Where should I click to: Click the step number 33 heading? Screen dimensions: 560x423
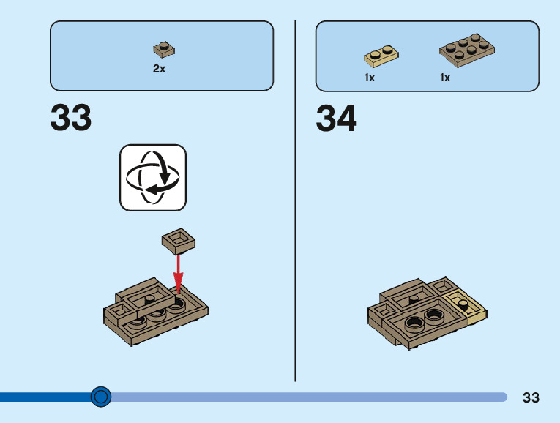[71, 118]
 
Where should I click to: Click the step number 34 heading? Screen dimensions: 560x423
[336, 119]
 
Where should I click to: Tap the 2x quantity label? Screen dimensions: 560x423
[160, 69]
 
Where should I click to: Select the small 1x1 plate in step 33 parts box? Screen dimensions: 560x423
[163, 50]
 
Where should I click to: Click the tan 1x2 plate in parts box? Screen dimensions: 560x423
[381, 55]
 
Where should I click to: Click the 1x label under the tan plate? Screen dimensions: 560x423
[370, 78]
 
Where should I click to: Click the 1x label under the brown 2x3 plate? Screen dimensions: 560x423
[445, 78]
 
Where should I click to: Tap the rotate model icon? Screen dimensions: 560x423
[153, 177]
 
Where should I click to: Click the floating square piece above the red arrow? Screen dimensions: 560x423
[178, 239]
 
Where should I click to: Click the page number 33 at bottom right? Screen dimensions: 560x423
[531, 398]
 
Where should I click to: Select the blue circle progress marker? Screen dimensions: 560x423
[101, 397]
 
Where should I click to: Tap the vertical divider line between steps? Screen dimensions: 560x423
[295, 198]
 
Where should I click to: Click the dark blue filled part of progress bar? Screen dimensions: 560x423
[44, 397]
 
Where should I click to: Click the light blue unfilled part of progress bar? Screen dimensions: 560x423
[307, 397]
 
